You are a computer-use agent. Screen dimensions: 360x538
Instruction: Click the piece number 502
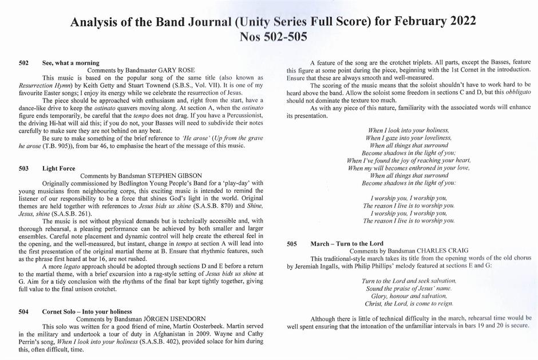(23, 63)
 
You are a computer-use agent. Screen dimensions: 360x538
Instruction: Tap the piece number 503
(23, 169)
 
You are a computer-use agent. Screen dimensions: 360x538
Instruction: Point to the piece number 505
(292, 244)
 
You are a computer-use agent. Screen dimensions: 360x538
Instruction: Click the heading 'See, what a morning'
(71, 63)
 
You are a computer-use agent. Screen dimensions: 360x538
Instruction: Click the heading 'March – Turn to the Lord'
(347, 244)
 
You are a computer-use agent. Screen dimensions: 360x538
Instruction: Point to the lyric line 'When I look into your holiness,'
(409, 130)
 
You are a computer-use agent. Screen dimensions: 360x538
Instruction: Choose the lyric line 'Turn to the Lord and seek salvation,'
(409, 280)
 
